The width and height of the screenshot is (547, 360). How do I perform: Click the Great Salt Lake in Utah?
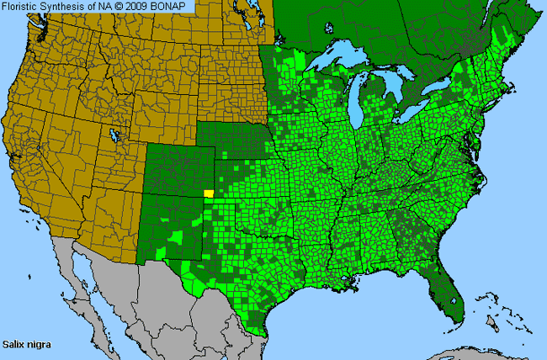tap(113, 134)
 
